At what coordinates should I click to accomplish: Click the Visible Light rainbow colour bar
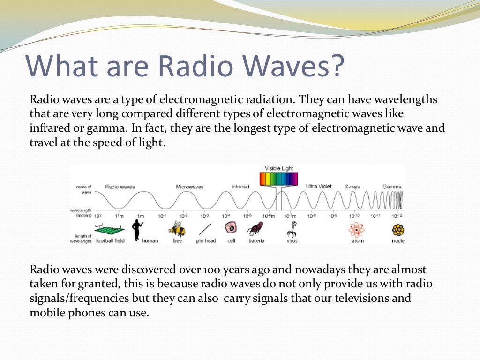click(279, 179)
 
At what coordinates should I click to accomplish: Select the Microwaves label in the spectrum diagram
click(190, 187)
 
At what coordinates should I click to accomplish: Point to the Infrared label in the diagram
click(240, 187)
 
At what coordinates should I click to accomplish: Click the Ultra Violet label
click(319, 187)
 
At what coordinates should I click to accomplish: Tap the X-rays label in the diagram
click(352, 187)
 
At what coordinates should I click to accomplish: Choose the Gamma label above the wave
click(392, 187)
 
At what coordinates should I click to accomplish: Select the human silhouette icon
click(137, 229)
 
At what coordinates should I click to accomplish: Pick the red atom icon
click(356, 229)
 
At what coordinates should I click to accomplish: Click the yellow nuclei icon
click(398, 230)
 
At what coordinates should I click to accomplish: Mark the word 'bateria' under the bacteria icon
click(256, 241)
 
